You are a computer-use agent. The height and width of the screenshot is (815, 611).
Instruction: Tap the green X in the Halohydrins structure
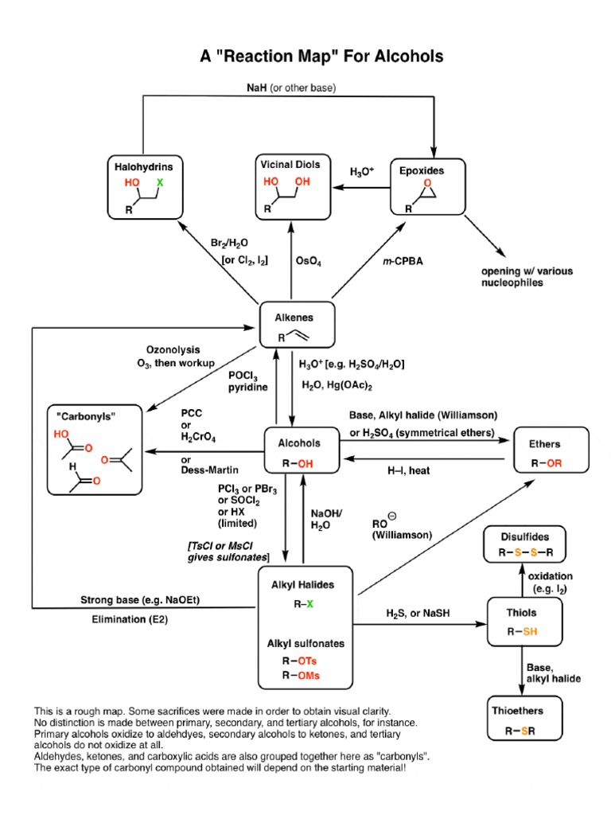click(x=159, y=182)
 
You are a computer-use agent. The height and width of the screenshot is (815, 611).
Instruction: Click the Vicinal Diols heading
click(x=290, y=164)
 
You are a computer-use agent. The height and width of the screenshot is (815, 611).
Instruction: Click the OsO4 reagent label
click(x=308, y=260)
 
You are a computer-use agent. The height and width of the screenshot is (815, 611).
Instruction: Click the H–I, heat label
click(x=408, y=470)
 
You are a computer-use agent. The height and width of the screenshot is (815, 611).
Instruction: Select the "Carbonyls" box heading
click(x=84, y=415)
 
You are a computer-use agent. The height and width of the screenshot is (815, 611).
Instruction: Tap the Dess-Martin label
click(x=208, y=470)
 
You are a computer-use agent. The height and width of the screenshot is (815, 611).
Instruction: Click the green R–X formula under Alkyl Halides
click(x=302, y=604)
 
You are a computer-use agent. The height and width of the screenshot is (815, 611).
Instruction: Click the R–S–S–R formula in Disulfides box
click(x=526, y=552)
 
